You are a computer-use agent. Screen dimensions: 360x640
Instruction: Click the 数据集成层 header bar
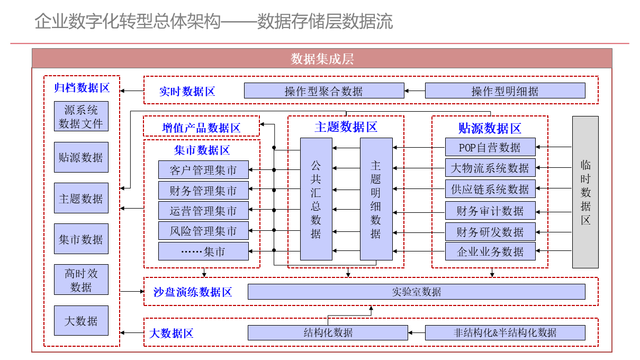(x=322, y=59)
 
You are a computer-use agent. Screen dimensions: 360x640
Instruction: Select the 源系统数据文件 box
(x=81, y=116)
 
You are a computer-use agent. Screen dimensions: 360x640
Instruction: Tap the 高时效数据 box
(x=81, y=280)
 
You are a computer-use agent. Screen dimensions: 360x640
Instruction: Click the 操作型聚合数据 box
(x=324, y=91)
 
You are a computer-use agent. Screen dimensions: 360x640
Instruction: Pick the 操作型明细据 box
(x=505, y=91)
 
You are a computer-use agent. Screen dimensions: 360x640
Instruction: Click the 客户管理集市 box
(x=203, y=170)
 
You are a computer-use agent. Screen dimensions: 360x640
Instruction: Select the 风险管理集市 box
(x=203, y=231)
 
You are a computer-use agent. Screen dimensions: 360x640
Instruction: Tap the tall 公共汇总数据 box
(x=316, y=199)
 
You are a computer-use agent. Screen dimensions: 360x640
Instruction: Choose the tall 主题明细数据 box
(x=376, y=199)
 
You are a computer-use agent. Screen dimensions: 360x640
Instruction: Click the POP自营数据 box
(x=490, y=147)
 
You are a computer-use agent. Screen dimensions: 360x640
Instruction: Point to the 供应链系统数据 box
(x=490, y=189)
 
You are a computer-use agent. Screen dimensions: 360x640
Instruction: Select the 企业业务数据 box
(x=490, y=251)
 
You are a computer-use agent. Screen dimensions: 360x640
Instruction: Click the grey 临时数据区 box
(x=585, y=192)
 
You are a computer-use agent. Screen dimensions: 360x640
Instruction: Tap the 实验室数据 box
(x=417, y=292)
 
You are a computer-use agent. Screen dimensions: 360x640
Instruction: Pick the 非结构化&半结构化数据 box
(x=505, y=333)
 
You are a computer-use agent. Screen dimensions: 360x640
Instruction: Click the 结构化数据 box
(x=328, y=333)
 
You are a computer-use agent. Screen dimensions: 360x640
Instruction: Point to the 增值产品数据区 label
(x=201, y=128)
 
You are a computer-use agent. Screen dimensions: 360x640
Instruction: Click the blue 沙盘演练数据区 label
(x=193, y=292)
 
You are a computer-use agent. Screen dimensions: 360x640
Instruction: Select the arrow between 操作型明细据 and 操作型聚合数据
(x=414, y=91)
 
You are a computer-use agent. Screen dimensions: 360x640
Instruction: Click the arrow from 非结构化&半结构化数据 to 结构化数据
(x=417, y=333)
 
